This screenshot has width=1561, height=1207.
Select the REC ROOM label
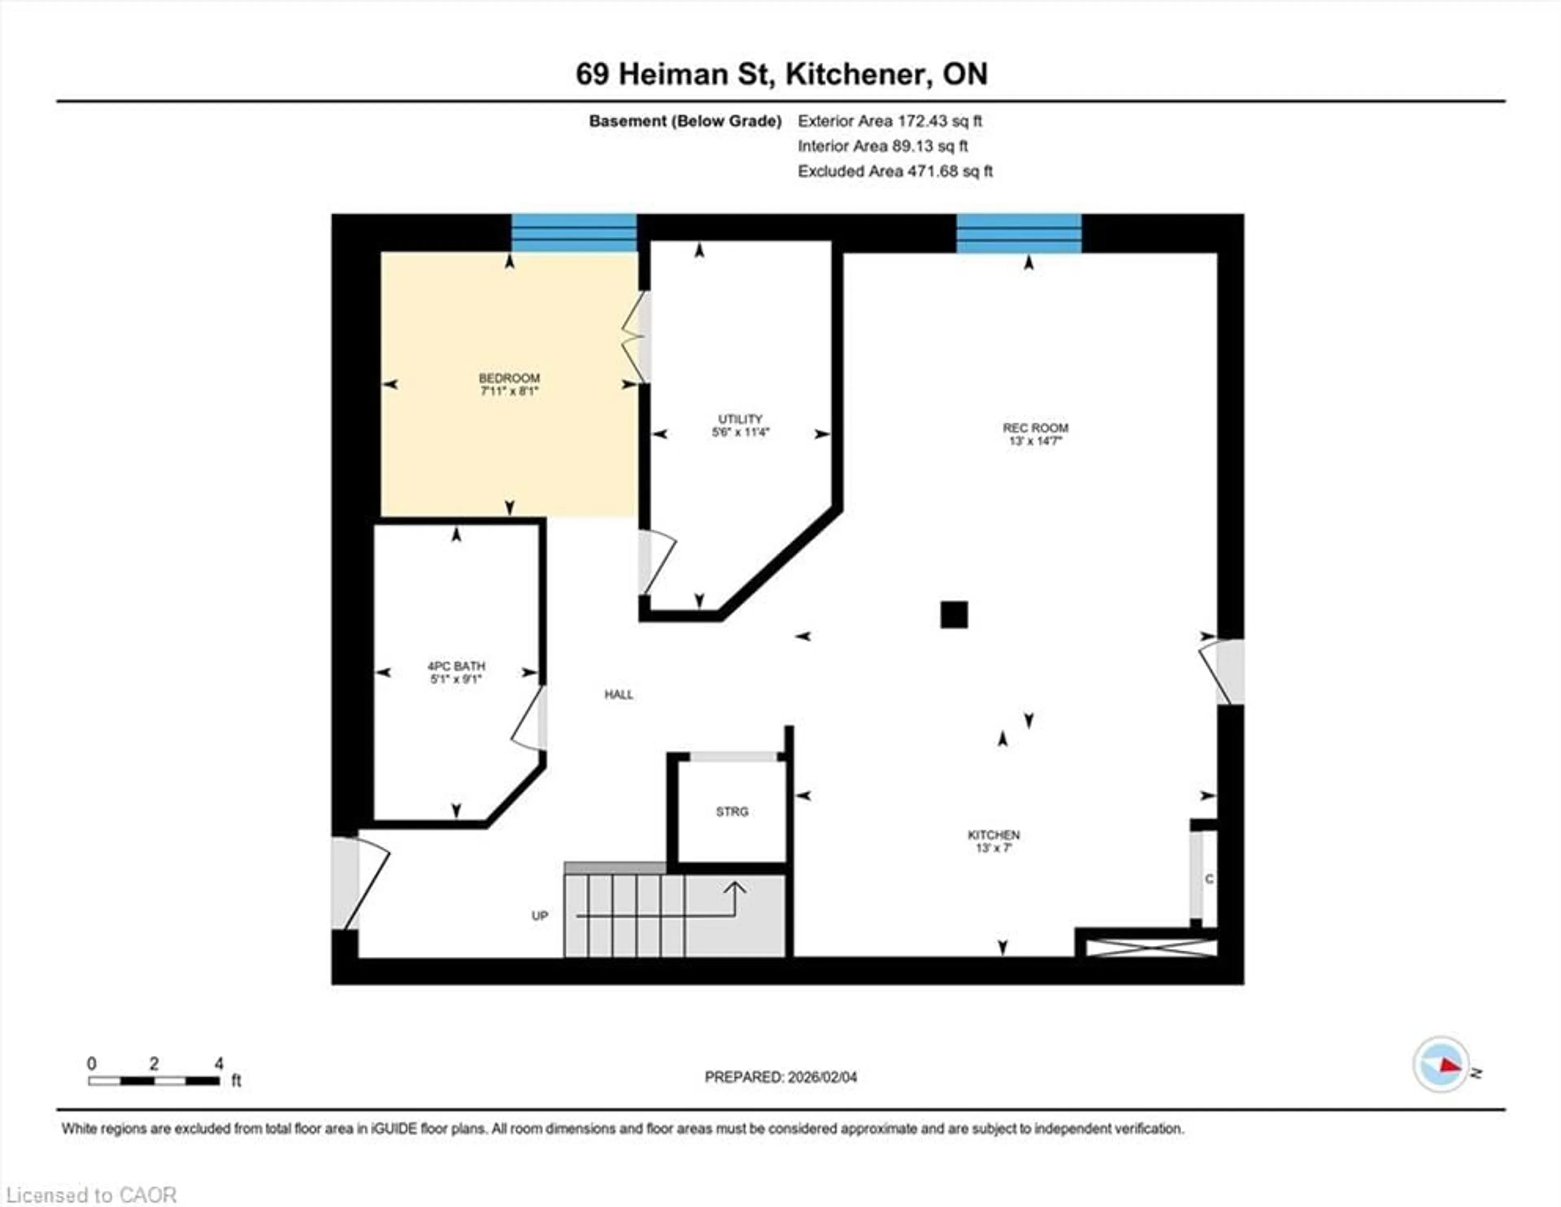click(x=1035, y=428)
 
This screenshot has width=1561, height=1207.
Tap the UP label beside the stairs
click(x=539, y=916)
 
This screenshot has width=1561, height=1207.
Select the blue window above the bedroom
click(x=574, y=233)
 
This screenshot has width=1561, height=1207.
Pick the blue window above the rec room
click(x=1018, y=233)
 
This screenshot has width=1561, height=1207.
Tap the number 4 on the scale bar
click(x=219, y=1064)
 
